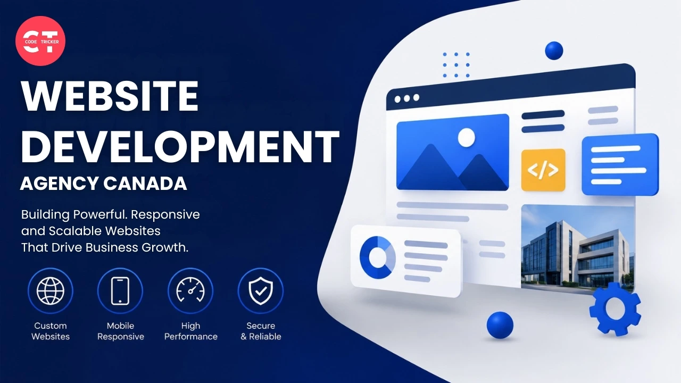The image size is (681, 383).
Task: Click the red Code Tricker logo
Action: (40, 41)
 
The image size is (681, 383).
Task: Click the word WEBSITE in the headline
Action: (110, 97)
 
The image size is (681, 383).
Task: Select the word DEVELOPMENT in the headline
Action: (180, 147)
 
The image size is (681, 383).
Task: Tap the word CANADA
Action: (145, 184)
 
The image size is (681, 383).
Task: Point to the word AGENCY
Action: (59, 184)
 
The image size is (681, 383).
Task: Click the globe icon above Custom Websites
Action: (51, 291)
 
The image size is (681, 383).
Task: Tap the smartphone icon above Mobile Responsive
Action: (120, 291)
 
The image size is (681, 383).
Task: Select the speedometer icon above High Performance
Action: (190, 290)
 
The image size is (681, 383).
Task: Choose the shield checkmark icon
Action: (261, 291)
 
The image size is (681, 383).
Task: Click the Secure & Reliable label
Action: (261, 331)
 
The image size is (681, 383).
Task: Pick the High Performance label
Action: (191, 331)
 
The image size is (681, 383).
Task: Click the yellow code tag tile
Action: (543, 170)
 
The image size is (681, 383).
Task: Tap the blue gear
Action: (615, 309)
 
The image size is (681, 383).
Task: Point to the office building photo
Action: (578, 248)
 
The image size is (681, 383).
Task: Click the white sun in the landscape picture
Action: (467, 137)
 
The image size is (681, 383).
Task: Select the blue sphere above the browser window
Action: (554, 51)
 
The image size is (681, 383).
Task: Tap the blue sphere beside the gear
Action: (500, 325)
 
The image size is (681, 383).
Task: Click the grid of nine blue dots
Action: (456, 65)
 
